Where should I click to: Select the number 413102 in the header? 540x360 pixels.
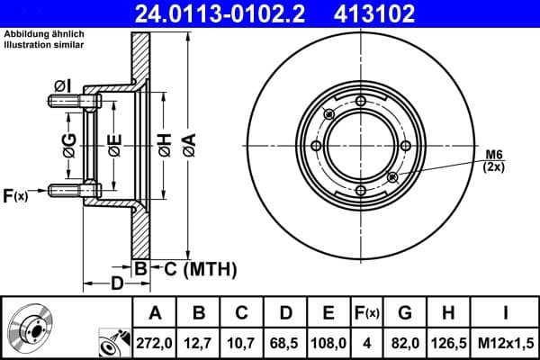pyautogui.click(x=404, y=13)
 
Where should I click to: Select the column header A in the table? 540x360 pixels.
pyautogui.click(x=155, y=312)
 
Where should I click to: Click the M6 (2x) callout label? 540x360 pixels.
pyautogui.click(x=494, y=160)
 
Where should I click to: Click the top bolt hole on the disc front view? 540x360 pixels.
pyautogui.click(x=360, y=101)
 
